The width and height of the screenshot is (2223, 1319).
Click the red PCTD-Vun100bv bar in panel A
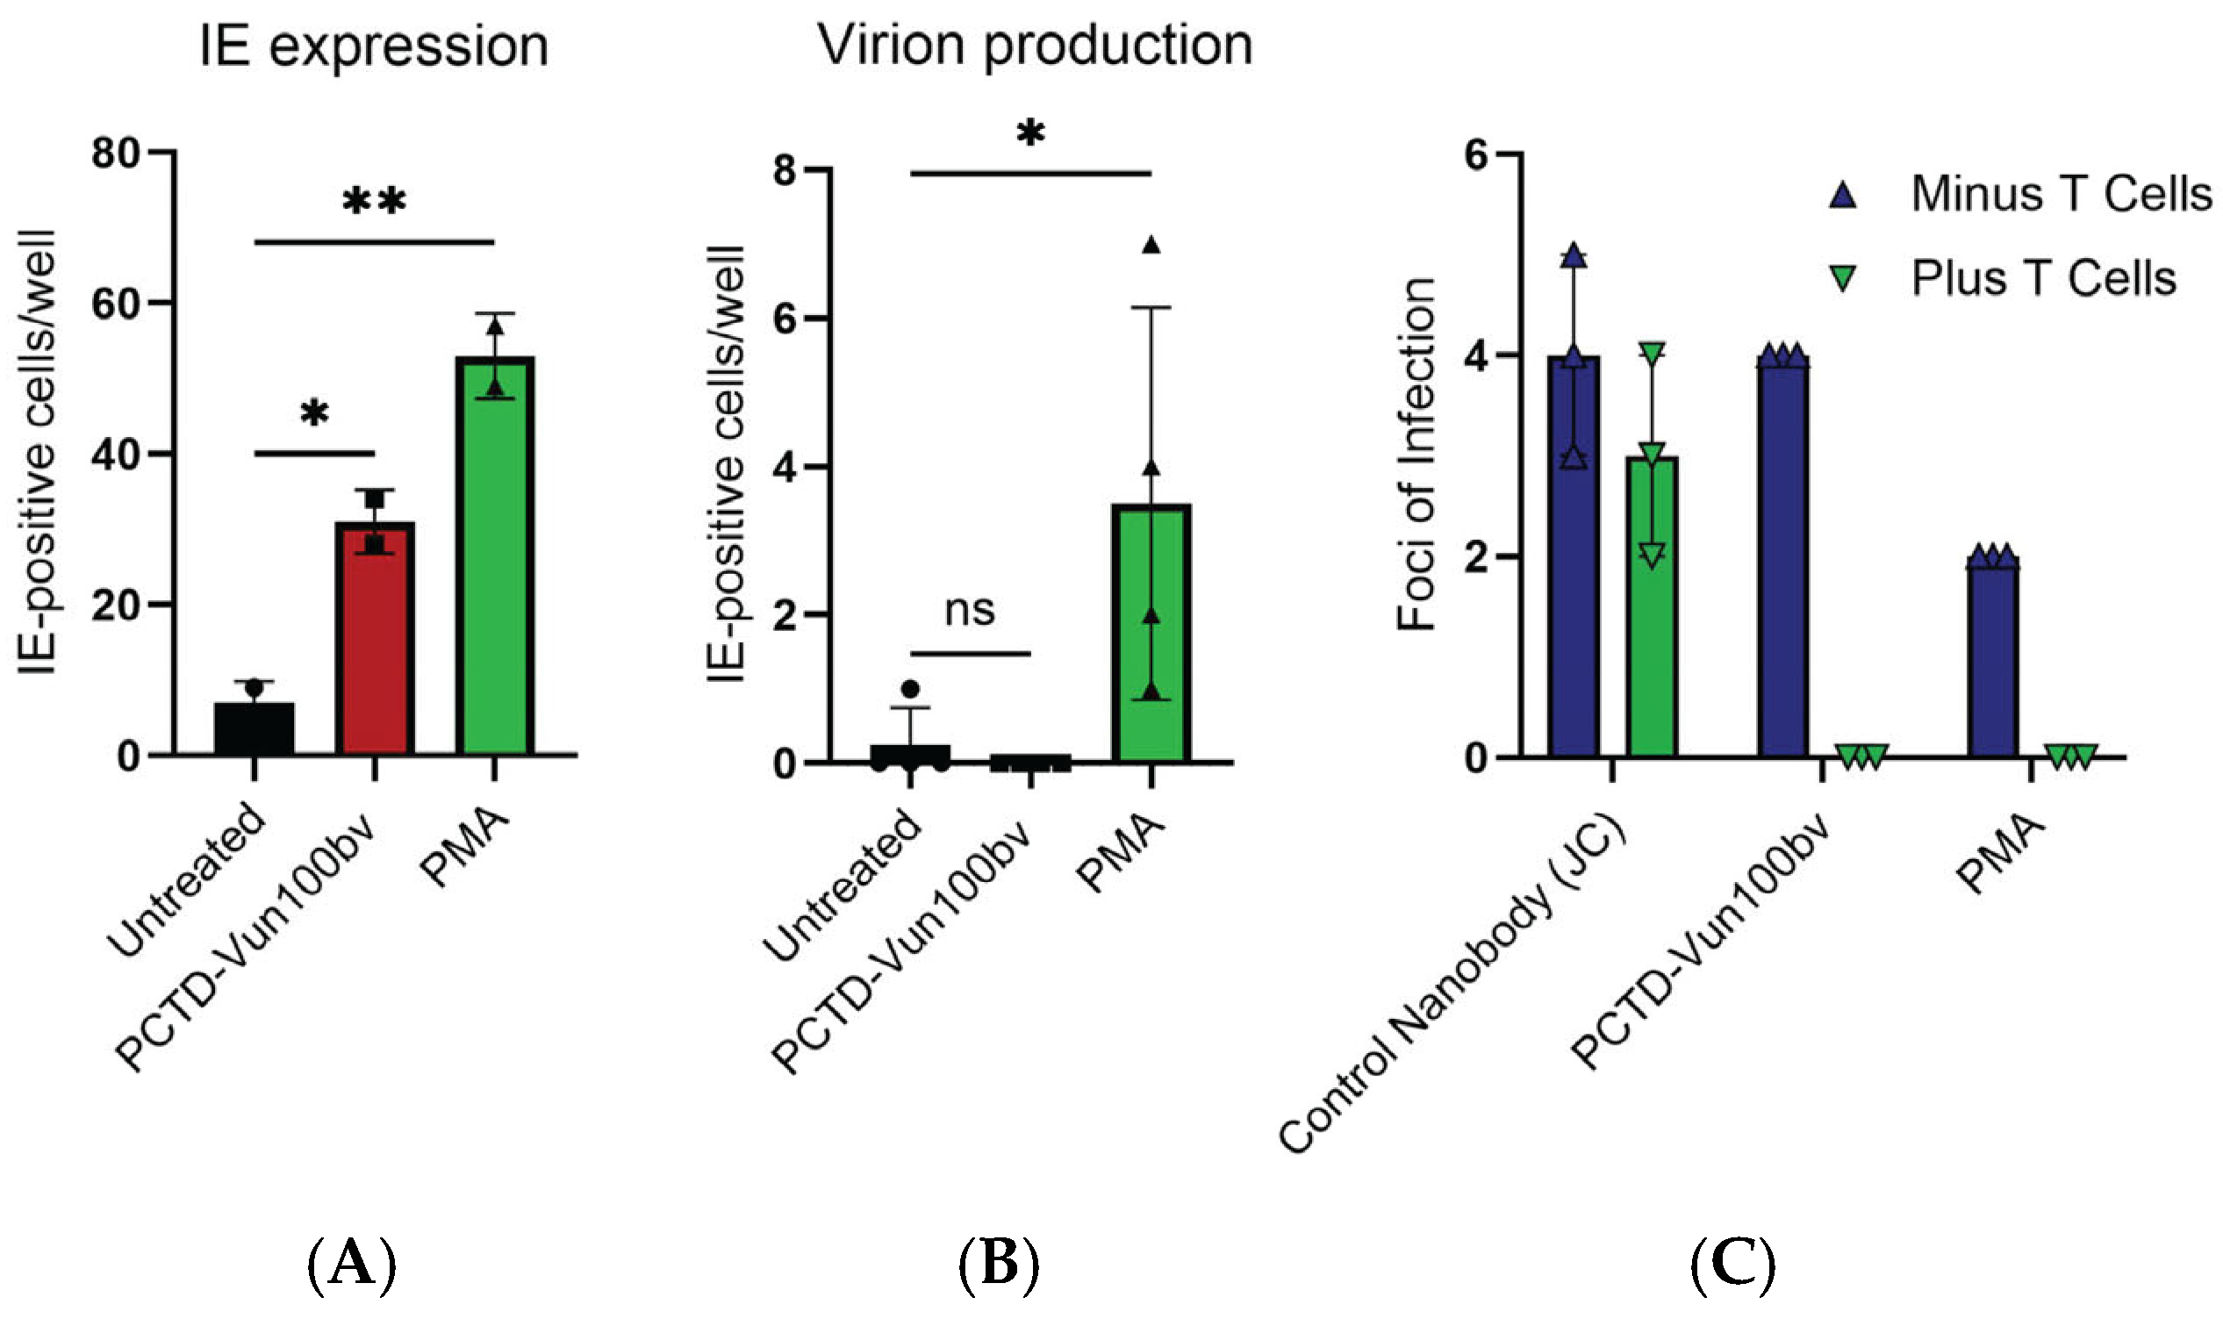pyautogui.click(x=374, y=640)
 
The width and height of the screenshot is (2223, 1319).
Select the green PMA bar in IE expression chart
pyautogui.click(x=495, y=560)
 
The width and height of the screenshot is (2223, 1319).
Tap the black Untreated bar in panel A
pyautogui.click(x=255, y=730)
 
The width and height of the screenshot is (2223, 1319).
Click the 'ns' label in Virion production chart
pyautogui.click(x=969, y=611)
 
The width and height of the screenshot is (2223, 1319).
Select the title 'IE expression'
pyautogui.click(x=373, y=47)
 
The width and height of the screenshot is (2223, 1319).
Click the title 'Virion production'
pyautogui.click(x=1035, y=45)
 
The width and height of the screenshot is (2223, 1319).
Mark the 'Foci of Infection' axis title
pyautogui.click(x=1416, y=455)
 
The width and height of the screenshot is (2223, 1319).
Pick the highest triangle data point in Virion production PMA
pyautogui.click(x=1151, y=247)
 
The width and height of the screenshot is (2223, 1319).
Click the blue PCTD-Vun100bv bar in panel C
pyautogui.click(x=1783, y=560)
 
